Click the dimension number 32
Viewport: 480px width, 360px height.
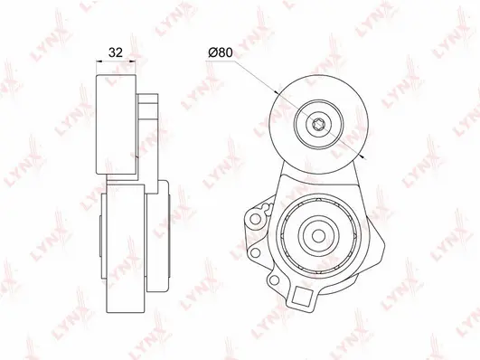click(115, 52)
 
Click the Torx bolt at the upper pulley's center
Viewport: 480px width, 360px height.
click(318, 125)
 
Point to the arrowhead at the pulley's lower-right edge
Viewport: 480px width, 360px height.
click(359, 156)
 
